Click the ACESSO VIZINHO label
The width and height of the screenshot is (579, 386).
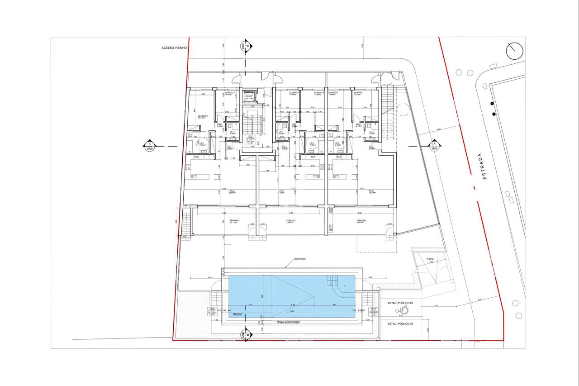(x=174, y=48)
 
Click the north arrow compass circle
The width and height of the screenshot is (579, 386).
(x=515, y=52)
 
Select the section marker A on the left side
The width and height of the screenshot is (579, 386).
(x=149, y=146)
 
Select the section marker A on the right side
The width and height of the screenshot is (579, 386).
(x=434, y=146)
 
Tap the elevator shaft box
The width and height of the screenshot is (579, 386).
(x=248, y=96)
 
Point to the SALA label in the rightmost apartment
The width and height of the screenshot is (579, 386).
(x=371, y=191)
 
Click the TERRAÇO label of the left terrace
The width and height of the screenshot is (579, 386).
(x=234, y=220)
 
